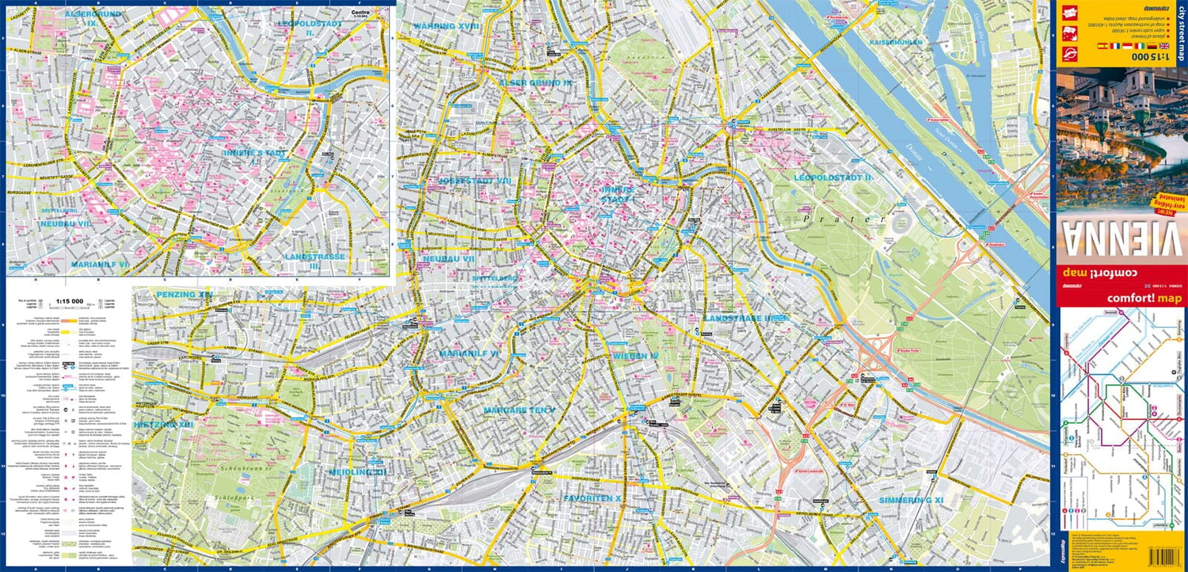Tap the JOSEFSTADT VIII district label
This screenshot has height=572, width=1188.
475,181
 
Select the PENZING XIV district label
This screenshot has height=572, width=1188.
185,295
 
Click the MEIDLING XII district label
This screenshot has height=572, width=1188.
358,472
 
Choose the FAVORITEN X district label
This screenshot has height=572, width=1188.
592,498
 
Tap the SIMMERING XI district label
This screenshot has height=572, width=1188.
911,501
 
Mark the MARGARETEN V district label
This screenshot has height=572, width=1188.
520,410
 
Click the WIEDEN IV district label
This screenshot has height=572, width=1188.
634,357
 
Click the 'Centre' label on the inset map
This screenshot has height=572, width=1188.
360,13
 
